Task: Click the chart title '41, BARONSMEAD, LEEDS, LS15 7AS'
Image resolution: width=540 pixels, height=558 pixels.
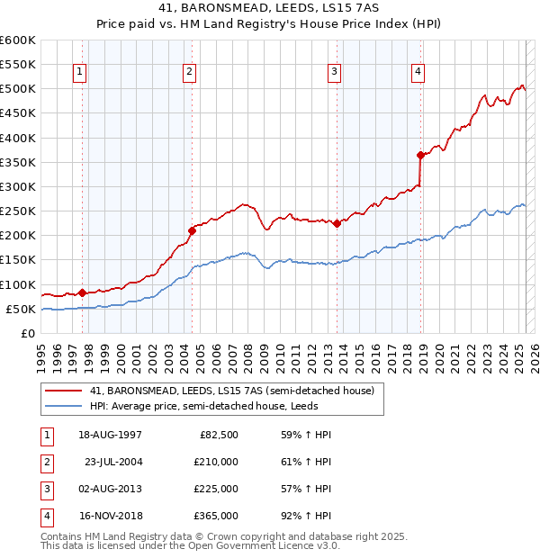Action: [x=269, y=10]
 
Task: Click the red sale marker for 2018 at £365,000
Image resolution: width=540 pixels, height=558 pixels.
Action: [x=420, y=155]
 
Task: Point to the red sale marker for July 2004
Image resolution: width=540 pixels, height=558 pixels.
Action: [x=192, y=230]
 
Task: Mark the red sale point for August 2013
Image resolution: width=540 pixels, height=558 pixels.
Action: [x=336, y=223]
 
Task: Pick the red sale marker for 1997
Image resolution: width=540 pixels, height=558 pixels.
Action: [x=82, y=292]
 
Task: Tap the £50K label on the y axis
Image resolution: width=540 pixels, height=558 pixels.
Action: [x=21, y=309]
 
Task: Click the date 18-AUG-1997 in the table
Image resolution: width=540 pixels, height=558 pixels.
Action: [x=111, y=435]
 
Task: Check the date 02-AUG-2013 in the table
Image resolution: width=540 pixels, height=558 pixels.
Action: [x=111, y=489]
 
